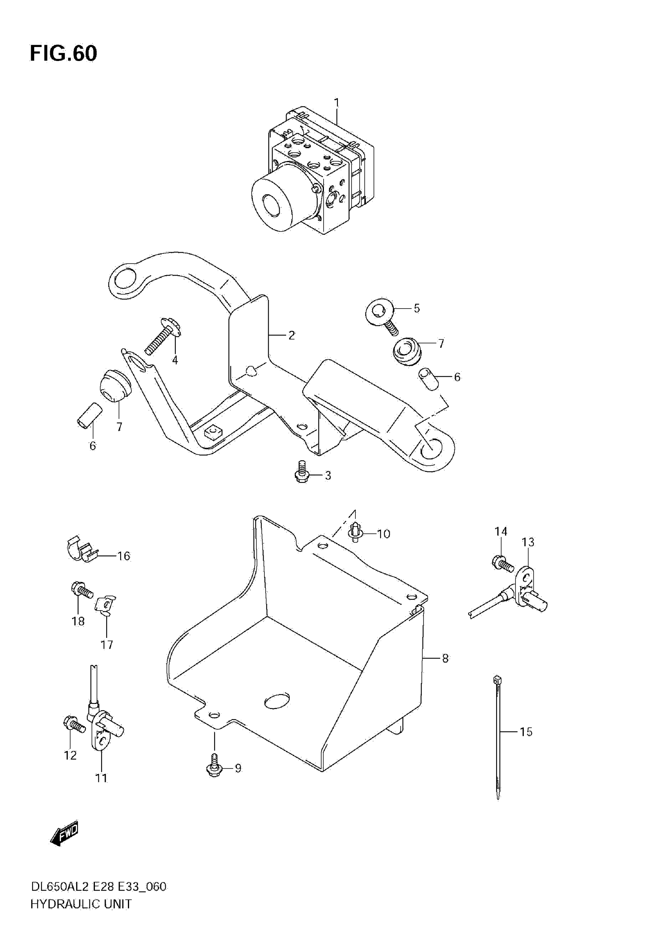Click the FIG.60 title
coord(64,53)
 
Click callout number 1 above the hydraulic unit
coord(336,102)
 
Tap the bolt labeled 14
coord(502,563)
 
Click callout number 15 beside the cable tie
coord(526,732)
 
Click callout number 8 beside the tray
coord(445,658)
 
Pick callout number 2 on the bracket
coord(291,335)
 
